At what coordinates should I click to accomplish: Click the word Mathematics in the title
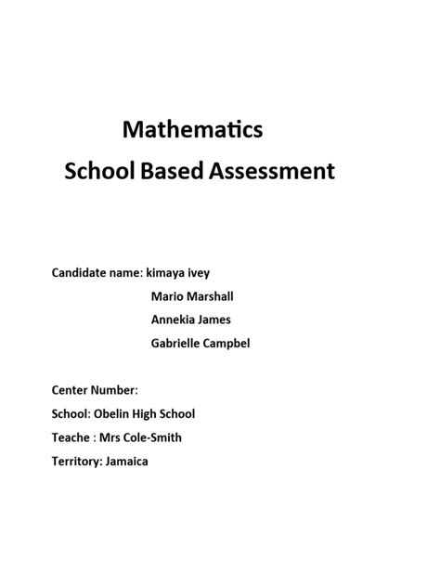tap(193, 130)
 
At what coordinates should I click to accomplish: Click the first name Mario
tap(166, 296)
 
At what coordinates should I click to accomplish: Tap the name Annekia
tap(173, 320)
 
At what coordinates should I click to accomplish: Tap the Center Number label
tap(94, 390)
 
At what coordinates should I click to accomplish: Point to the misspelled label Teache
tap(71, 437)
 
